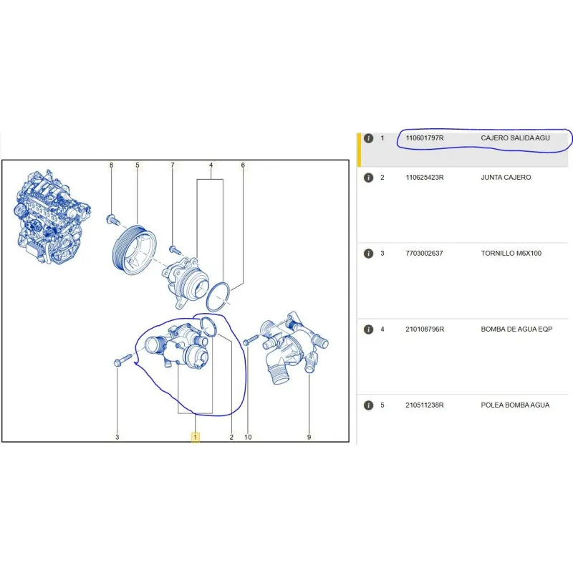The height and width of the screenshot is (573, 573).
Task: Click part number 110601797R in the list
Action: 424,138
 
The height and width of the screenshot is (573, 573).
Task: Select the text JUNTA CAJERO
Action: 506,177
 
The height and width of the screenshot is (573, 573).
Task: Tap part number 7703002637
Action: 424,254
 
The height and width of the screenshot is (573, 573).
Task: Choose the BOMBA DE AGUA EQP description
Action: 516,329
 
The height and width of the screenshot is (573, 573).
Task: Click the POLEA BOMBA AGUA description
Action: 515,405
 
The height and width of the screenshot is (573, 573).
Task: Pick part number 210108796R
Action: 425,329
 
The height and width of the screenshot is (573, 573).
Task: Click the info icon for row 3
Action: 368,254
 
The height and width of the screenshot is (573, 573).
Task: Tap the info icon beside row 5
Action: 368,405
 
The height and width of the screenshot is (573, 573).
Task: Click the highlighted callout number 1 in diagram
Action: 195,437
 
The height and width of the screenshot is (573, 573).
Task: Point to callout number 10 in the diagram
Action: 248,437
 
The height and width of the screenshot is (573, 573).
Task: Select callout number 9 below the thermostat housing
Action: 309,437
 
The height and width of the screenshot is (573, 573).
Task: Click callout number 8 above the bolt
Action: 112,165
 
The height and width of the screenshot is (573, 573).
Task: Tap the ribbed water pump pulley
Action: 134,249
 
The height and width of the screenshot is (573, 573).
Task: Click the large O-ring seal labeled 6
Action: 218,297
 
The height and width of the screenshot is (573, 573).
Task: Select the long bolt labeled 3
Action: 122,360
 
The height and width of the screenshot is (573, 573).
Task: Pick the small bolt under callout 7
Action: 174,250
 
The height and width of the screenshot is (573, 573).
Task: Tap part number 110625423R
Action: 424,177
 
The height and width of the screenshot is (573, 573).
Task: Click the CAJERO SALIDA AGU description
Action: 515,138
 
